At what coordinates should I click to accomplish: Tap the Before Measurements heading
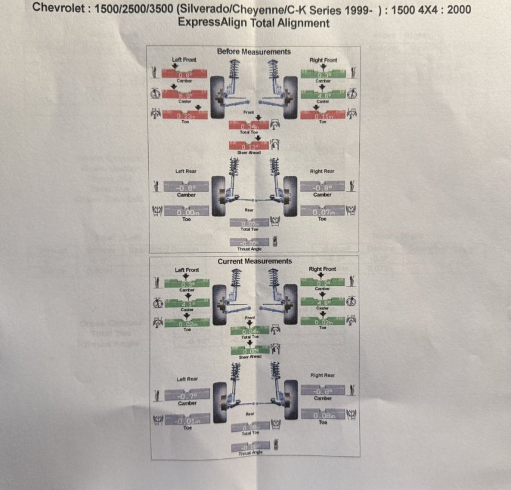(254, 52)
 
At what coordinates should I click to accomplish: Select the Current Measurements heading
(255, 262)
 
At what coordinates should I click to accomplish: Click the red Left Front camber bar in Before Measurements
(185, 73)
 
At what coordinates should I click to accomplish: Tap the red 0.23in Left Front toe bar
(185, 115)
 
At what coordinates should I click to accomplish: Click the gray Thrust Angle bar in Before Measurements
(248, 243)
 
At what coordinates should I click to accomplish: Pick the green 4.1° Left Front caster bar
(187, 303)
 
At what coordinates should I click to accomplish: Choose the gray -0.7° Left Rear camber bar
(187, 396)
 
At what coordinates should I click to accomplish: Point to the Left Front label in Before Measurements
(184, 59)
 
